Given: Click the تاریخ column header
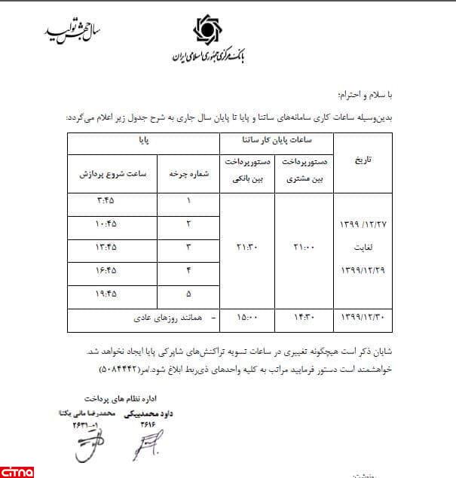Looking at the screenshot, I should (361, 161).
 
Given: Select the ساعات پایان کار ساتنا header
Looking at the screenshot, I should (277, 141).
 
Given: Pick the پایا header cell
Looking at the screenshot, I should (142, 141).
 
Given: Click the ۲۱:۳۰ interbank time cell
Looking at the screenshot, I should (246, 248).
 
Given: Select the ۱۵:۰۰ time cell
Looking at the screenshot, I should (246, 319).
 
